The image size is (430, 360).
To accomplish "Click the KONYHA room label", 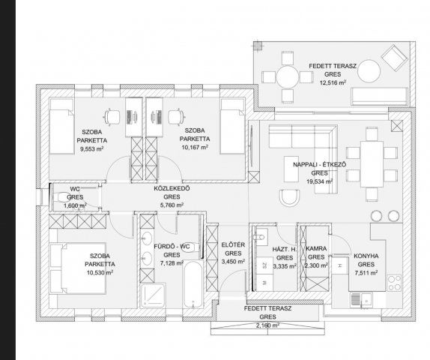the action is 366,256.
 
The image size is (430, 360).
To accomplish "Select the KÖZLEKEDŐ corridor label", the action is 172,189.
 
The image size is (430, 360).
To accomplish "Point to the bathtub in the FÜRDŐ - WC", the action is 193,284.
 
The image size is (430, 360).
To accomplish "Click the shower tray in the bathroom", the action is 153,295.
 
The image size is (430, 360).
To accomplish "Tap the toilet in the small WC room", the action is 62,197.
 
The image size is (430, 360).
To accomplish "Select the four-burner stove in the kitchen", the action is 394,283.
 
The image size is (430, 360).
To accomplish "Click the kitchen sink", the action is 361,300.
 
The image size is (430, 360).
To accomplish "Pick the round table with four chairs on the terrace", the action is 287,77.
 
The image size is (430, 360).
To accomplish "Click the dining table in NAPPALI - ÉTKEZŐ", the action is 372,164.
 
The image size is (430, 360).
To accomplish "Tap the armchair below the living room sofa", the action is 289,198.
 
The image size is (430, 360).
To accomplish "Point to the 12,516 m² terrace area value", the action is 333,82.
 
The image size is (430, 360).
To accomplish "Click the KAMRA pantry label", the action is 316,248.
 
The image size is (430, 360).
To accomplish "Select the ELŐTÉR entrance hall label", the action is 233,244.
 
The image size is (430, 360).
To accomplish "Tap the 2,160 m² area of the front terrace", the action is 267,325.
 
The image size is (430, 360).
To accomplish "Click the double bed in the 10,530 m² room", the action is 78,268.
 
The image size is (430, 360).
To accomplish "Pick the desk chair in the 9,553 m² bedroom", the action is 112,117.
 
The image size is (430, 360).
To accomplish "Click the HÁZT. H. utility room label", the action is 285,249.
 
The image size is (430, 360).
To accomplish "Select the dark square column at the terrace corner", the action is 258,46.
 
